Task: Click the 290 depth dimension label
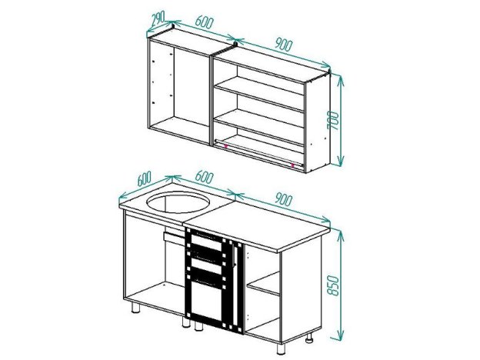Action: click(x=158, y=18)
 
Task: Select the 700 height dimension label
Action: click(x=333, y=120)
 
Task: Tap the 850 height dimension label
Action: click(x=333, y=285)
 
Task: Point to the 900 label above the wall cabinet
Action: click(x=283, y=45)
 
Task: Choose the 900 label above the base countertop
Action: click(x=283, y=199)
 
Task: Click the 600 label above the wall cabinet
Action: click(x=204, y=22)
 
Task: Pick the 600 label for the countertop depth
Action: click(x=144, y=178)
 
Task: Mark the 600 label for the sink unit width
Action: click(x=204, y=177)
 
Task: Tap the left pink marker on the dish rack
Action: click(x=225, y=145)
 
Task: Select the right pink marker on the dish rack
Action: click(x=293, y=165)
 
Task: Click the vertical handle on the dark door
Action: click(x=234, y=255)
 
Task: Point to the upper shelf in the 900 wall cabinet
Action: click(x=259, y=94)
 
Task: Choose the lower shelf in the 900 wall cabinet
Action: click(x=259, y=126)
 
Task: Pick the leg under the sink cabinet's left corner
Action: click(x=135, y=308)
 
